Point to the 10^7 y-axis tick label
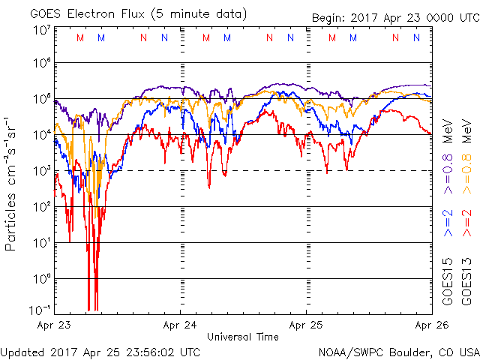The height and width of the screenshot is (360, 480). pyautogui.click(x=42, y=31)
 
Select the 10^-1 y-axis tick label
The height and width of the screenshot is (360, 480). pyautogui.click(x=40, y=310)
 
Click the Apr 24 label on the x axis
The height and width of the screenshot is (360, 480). pyautogui.click(x=180, y=325)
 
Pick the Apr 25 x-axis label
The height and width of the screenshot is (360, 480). pyautogui.click(x=306, y=325)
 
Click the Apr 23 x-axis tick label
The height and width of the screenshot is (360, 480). pyautogui.click(x=55, y=325)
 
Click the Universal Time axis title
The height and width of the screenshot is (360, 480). pyautogui.click(x=243, y=337)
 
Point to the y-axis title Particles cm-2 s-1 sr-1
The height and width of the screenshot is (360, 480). pyautogui.click(x=11, y=183)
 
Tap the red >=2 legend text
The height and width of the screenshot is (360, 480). pyautogui.click(x=466, y=223)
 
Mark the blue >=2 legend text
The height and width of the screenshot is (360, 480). pyautogui.click(x=447, y=223)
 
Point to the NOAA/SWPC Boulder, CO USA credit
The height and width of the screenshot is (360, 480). pyautogui.click(x=397, y=351)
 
